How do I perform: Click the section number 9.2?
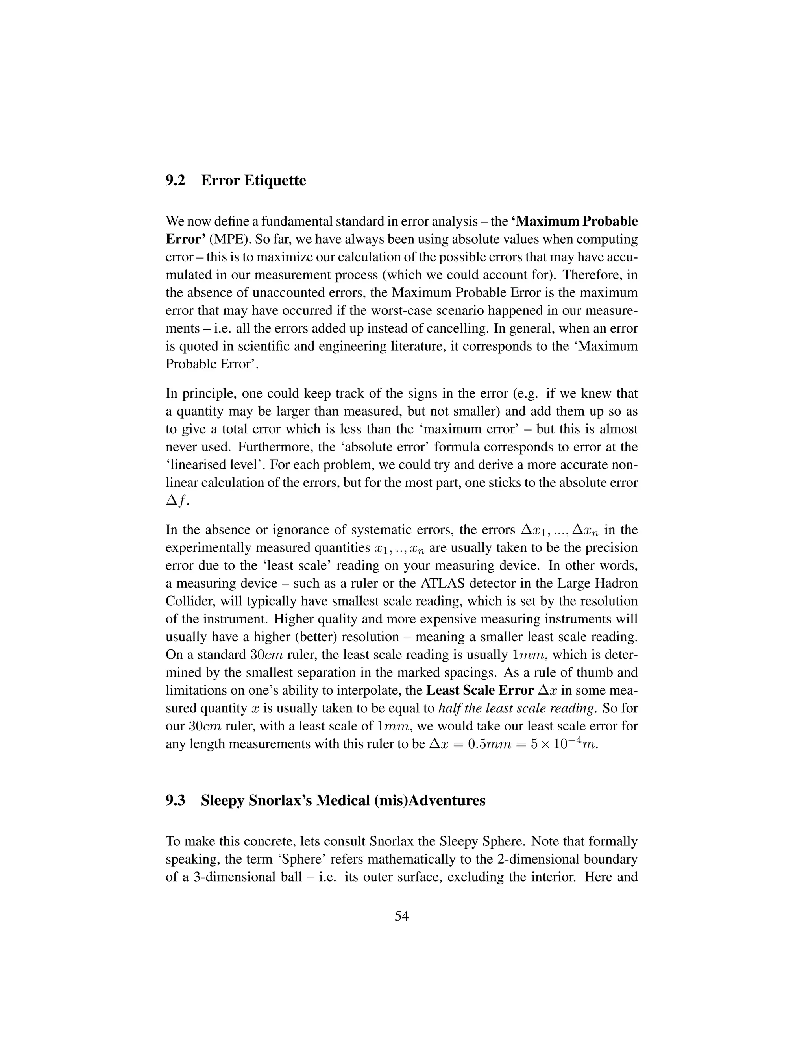pyautogui.click(x=175, y=181)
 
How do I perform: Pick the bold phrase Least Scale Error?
pyautogui.click(x=479, y=691)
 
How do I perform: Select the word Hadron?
pyautogui.click(x=616, y=583)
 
